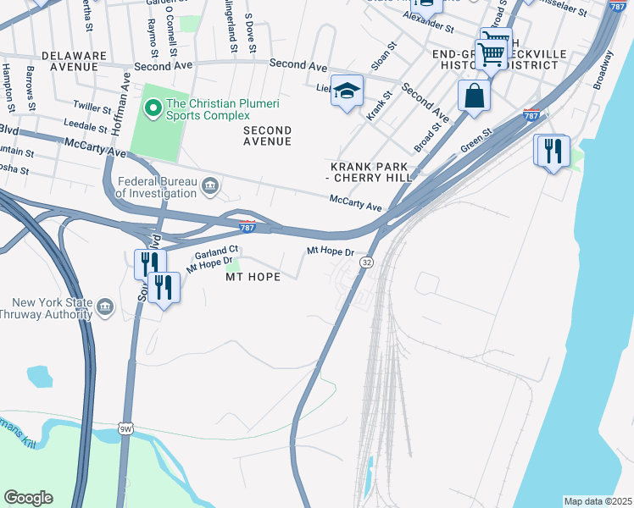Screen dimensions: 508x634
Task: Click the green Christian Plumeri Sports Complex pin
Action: pyautogui.click(x=153, y=107)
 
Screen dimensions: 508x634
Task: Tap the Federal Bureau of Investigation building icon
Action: pyautogui.click(x=211, y=185)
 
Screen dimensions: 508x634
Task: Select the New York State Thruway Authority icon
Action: pyautogui.click(x=105, y=306)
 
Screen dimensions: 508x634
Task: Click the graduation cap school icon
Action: pyautogui.click(x=347, y=91)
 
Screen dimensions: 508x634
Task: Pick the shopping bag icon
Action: pyautogui.click(x=474, y=96)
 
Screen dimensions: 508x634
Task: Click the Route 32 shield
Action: pyautogui.click(x=366, y=263)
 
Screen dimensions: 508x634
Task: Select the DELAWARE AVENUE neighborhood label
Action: pyautogui.click(x=75, y=61)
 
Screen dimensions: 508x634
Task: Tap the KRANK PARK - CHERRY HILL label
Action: pyautogui.click(x=370, y=172)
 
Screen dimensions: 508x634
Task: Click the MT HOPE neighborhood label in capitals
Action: pyautogui.click(x=252, y=277)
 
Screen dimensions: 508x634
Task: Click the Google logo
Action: pyautogui.click(x=28, y=498)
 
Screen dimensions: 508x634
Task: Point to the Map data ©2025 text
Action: pyautogui.click(x=598, y=500)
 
